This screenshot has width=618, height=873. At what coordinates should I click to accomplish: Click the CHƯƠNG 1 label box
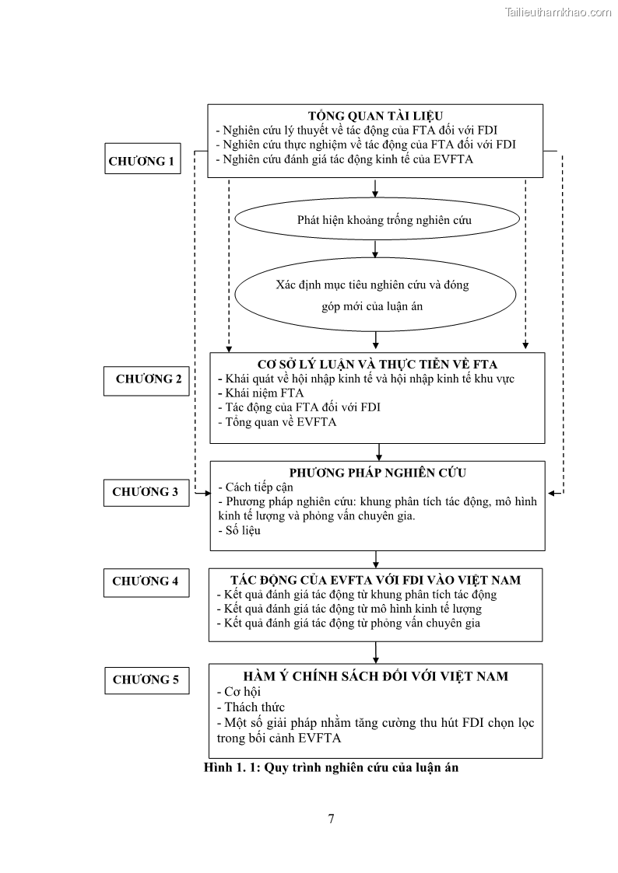point(141,162)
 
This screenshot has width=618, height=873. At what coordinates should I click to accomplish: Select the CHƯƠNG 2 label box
point(148,379)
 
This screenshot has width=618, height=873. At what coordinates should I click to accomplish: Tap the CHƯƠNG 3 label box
point(146,492)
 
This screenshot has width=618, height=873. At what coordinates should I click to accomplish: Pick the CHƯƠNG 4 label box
point(146,581)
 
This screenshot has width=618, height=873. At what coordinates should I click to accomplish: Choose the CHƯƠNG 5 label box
point(146,679)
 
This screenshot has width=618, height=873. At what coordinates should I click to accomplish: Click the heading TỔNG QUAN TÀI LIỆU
point(375,115)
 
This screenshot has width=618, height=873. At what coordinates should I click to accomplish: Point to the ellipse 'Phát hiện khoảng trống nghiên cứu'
point(375,220)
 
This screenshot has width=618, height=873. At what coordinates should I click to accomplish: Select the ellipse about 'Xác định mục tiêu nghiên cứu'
point(375,295)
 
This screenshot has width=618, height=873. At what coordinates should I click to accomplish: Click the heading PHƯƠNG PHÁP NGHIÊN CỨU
point(377,473)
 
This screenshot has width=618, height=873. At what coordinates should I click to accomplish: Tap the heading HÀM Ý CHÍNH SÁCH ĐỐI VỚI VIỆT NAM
point(376,676)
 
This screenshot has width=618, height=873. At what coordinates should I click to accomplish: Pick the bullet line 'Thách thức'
point(251,707)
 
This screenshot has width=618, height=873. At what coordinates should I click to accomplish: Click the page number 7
point(332,819)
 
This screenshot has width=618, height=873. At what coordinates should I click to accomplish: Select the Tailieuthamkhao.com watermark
point(559,12)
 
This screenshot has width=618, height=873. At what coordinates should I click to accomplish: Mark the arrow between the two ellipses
point(376,249)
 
